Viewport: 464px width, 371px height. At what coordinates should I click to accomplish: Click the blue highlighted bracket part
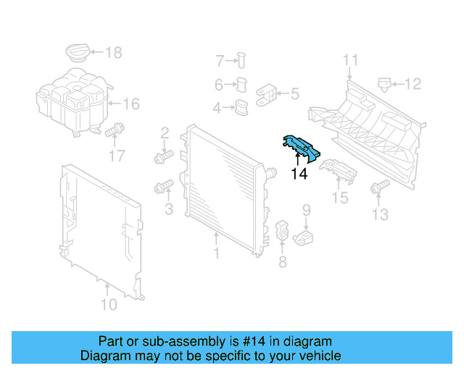(299, 146)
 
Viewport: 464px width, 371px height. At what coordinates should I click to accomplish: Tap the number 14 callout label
(299, 174)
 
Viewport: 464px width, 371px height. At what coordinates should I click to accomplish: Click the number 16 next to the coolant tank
(130, 104)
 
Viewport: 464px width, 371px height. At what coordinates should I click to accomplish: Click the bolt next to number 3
(162, 188)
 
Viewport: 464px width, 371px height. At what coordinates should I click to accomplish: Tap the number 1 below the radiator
(215, 253)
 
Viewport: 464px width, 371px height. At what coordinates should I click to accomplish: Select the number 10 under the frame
(108, 305)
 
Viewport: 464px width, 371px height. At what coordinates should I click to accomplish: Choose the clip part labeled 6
(241, 85)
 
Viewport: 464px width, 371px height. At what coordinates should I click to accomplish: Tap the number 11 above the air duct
(351, 60)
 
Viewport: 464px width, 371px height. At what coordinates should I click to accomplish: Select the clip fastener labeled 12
(384, 84)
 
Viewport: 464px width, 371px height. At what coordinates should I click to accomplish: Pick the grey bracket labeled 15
(338, 172)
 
